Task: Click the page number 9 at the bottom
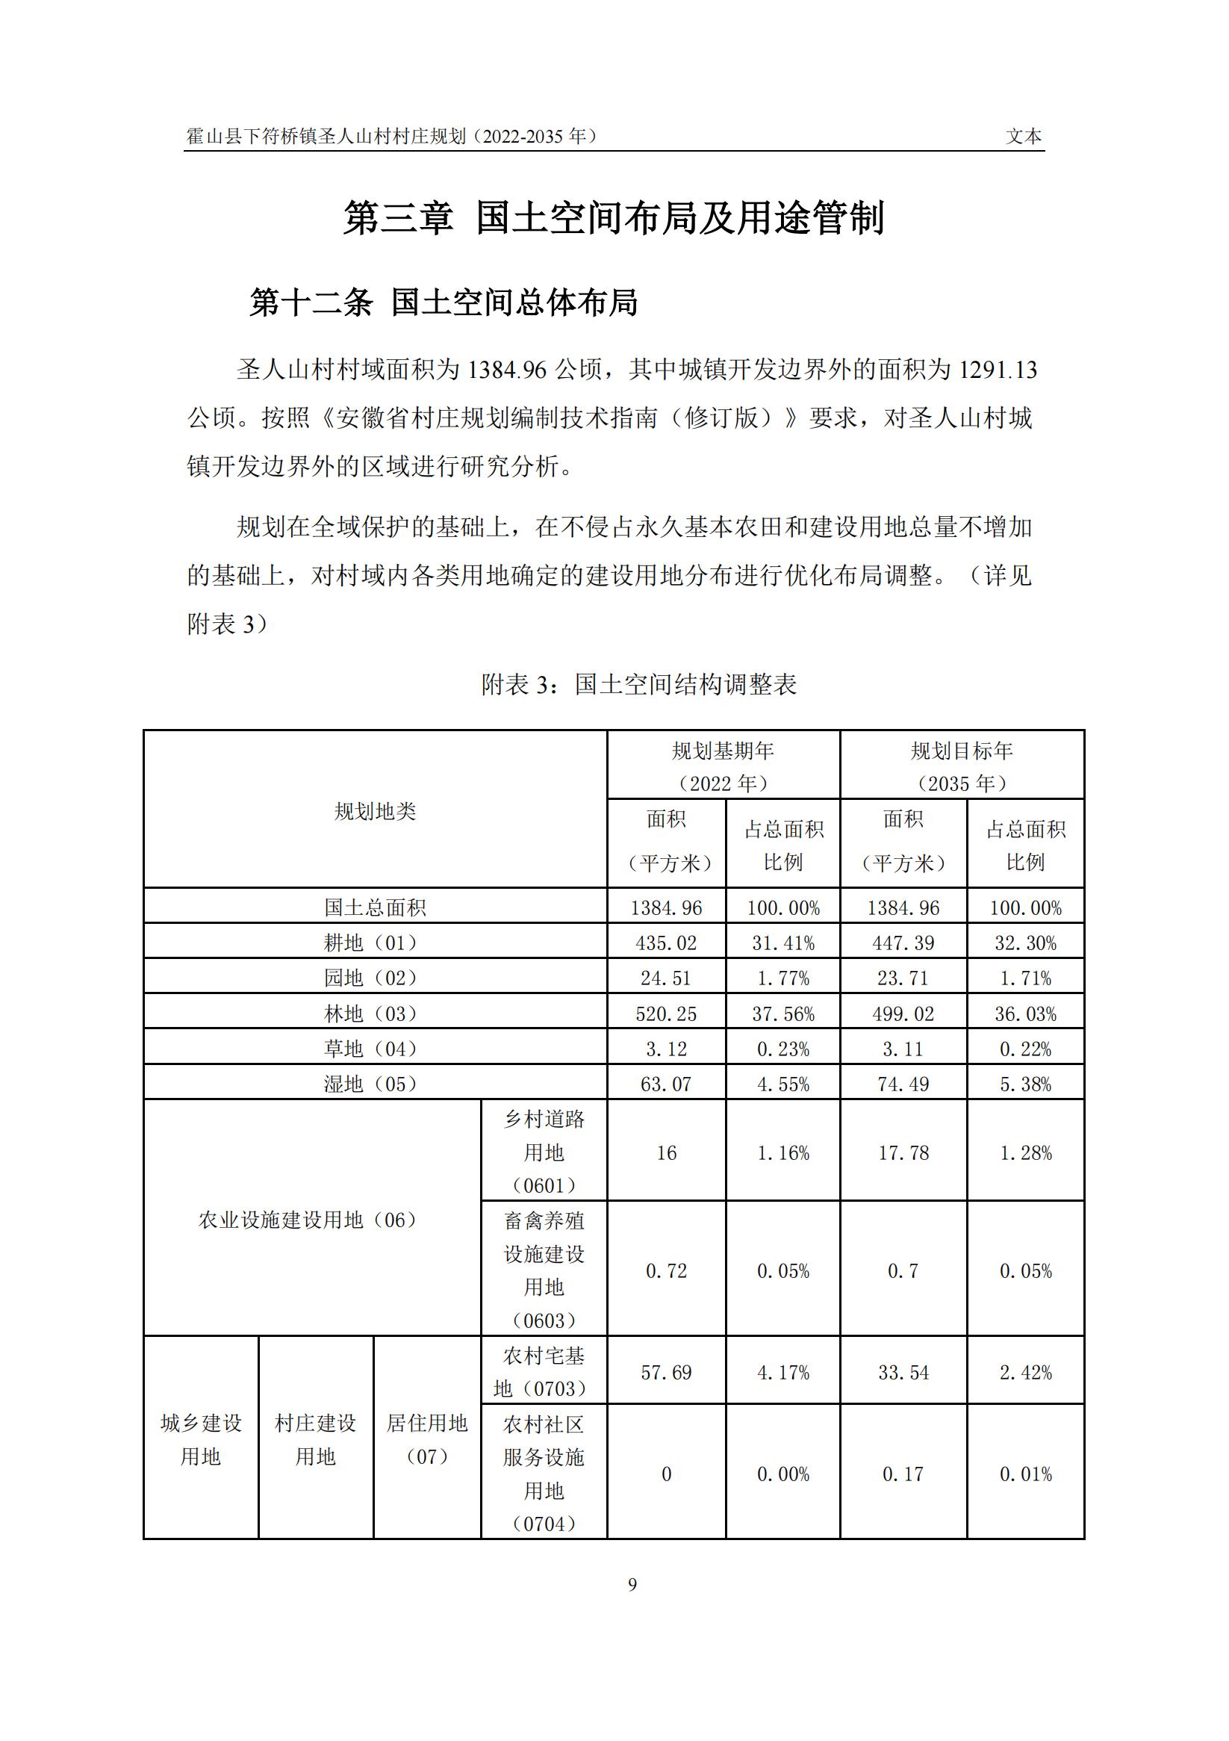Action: pos(632,1584)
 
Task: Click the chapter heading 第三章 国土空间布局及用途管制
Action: pos(614,218)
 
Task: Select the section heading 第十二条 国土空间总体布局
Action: pos(444,302)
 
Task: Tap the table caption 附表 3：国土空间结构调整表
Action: pos(639,685)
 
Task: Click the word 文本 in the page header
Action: pos(1024,137)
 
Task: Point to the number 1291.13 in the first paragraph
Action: pos(998,370)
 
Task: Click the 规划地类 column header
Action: pos(376,811)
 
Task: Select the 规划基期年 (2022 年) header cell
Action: pos(724,766)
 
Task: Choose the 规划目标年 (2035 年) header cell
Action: pos(962,766)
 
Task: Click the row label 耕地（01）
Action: pos(372,943)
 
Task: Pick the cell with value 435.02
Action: pos(667,943)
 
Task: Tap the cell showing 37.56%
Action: pos(783,1014)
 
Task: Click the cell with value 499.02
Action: pos(903,1014)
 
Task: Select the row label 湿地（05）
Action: pos(372,1084)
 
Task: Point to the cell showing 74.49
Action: pos(903,1084)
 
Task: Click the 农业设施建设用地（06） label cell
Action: pos(308,1220)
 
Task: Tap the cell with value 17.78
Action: pos(903,1152)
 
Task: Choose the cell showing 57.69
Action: pos(667,1372)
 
